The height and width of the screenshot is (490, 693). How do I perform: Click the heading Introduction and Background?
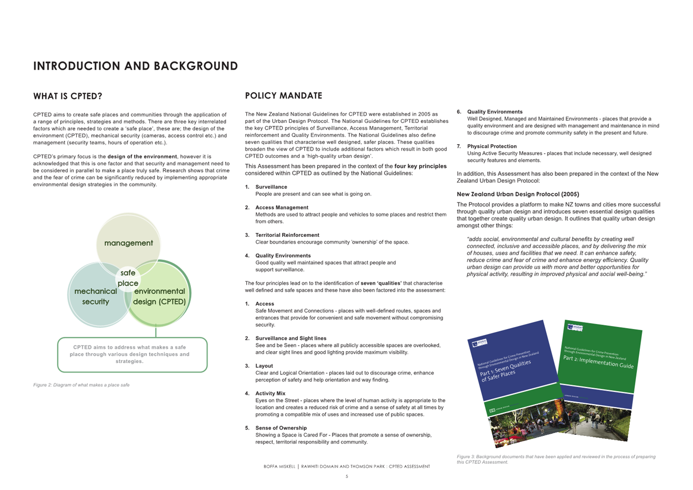[135, 66]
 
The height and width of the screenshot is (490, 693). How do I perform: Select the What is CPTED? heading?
[67, 96]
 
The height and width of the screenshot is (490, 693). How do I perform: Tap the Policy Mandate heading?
[284, 96]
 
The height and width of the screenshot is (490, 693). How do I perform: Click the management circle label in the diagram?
[128, 243]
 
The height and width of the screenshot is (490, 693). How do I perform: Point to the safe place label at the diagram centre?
[128, 278]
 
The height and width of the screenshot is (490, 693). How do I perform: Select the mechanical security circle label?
[96, 296]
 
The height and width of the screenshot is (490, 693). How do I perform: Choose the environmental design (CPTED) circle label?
[159, 296]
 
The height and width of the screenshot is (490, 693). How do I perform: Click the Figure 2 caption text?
[81, 385]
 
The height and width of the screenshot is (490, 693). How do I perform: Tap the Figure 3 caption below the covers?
[556, 459]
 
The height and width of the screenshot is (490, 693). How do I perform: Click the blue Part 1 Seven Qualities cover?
[511, 367]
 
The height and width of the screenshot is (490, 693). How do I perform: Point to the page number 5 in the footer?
[346, 477]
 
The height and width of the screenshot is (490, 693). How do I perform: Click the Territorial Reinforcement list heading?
[287, 235]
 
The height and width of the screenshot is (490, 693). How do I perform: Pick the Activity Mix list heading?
[270, 393]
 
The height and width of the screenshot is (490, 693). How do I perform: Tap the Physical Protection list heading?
[492, 146]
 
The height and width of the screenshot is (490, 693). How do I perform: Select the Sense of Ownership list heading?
[281, 428]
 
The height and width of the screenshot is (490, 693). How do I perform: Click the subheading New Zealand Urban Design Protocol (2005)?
[518, 194]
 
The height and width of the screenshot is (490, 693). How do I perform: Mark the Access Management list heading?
[282, 208]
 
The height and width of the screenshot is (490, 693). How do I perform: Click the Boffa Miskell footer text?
[346, 466]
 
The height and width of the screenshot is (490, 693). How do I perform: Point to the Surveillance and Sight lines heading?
[290, 338]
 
